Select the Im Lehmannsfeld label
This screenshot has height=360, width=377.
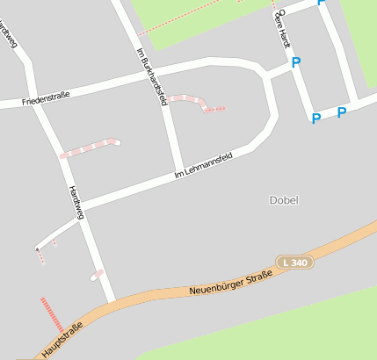tap(203, 165)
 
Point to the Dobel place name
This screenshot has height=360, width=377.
tap(284, 200)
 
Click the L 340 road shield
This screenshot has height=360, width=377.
tap(294, 262)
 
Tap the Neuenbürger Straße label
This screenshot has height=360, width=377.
tap(231, 282)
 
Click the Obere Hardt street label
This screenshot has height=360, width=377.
tap(281, 27)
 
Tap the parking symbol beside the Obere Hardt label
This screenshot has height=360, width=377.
tap(296, 62)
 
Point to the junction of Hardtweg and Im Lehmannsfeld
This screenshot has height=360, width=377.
tap(82, 209)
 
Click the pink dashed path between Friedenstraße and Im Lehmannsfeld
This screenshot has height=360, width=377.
tap(89, 147)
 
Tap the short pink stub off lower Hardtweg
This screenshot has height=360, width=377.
tap(97, 276)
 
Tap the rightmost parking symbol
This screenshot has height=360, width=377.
tap(342, 112)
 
